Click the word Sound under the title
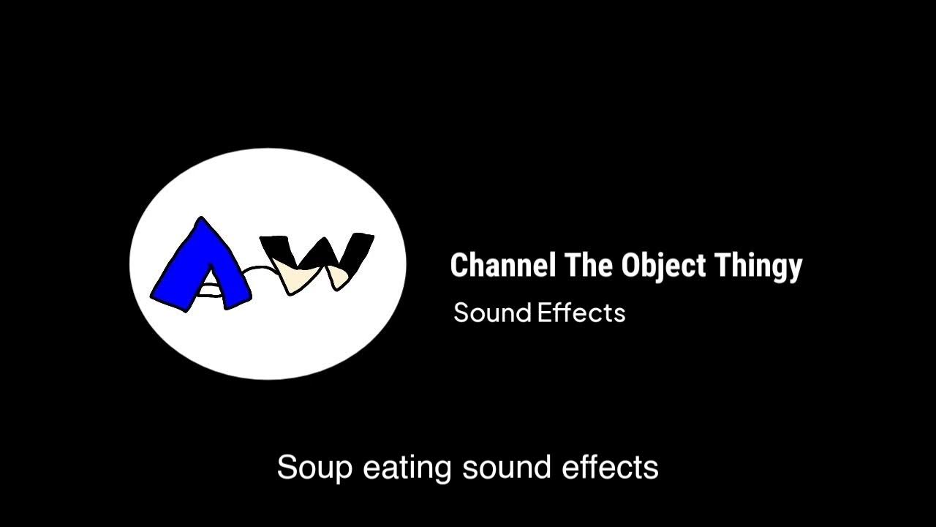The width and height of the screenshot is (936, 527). (491, 313)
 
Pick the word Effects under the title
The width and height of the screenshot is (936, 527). (581, 313)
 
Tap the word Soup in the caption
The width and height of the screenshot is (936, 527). (314, 468)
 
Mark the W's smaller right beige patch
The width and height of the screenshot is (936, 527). (338, 277)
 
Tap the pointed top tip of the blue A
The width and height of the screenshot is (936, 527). (200, 219)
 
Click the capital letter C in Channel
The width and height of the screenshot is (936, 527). (459, 265)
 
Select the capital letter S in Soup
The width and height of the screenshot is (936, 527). (287, 468)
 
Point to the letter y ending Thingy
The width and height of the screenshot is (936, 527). (795, 268)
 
